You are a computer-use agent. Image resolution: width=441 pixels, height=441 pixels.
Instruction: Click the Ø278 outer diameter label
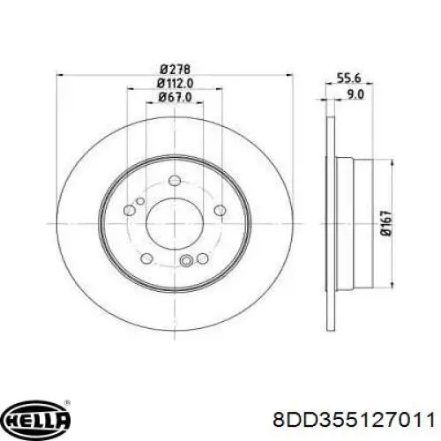tap(176, 70)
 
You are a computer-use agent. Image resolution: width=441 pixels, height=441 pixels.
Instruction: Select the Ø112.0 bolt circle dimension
tap(175, 84)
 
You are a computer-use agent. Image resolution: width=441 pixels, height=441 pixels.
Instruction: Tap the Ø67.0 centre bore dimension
tap(175, 97)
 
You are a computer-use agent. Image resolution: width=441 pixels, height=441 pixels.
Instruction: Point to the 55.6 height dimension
tap(348, 78)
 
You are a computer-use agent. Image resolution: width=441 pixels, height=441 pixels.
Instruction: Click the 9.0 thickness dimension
tap(355, 94)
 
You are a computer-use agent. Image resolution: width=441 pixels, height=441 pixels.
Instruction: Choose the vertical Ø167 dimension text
tap(385, 223)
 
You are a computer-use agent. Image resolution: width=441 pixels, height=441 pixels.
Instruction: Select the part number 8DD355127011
tap(354, 420)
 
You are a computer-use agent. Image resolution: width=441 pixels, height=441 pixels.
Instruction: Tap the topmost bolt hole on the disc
tap(175, 180)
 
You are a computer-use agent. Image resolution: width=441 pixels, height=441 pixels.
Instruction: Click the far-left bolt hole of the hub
tap(130, 210)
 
